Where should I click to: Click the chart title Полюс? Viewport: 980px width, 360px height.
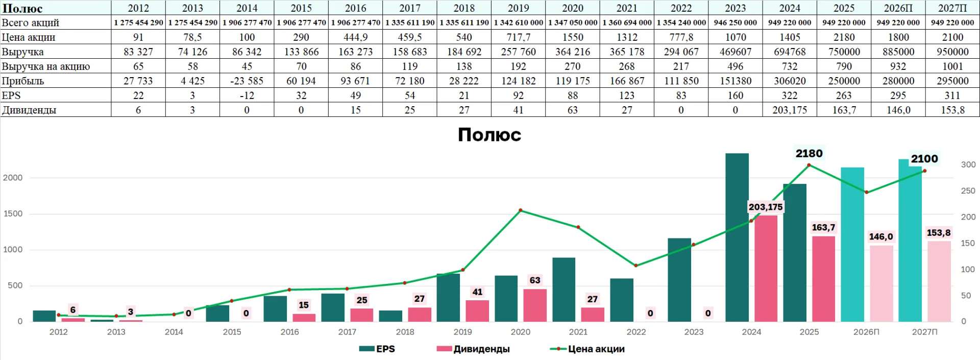[x=489, y=135]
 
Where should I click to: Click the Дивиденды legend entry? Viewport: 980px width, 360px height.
[x=473, y=349]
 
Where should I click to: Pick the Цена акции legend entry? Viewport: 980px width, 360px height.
[x=587, y=349]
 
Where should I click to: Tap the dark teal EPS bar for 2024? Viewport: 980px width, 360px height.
[x=737, y=237]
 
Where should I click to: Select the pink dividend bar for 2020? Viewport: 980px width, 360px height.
[x=535, y=305]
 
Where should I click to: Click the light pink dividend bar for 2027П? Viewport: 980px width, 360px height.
[x=939, y=281]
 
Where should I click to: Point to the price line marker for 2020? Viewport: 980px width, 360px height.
[x=521, y=210]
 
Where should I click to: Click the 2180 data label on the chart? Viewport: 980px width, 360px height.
[x=809, y=153]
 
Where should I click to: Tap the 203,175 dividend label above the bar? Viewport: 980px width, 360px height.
[x=766, y=207]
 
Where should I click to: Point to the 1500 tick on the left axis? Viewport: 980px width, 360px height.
[x=13, y=214]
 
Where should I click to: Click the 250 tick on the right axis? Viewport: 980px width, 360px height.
[x=968, y=191]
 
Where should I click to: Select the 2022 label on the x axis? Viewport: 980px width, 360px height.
[x=636, y=332]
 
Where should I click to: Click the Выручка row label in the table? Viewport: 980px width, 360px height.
[x=22, y=52]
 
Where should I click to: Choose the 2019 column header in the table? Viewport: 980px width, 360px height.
[x=519, y=8]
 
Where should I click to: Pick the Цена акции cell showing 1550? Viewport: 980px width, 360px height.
[x=573, y=37]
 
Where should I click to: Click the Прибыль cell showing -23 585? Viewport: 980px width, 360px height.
[x=247, y=81]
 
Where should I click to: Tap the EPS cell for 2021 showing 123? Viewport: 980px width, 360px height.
[x=627, y=95]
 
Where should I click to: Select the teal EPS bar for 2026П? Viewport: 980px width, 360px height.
[x=852, y=245]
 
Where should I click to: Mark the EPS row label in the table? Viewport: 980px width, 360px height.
[x=11, y=95]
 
